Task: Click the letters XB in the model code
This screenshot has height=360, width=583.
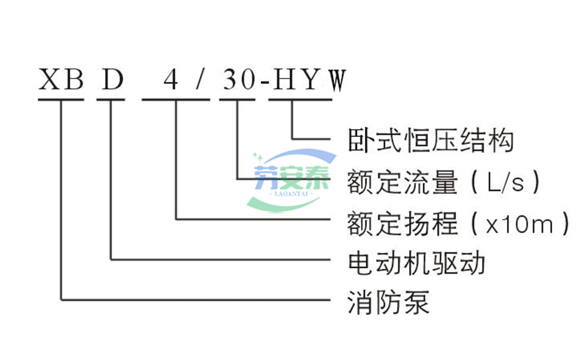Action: (61, 80)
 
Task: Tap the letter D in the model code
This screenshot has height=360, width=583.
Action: (112, 80)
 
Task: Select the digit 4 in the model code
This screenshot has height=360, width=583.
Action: (171, 80)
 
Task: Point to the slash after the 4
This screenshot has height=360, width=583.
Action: (200, 80)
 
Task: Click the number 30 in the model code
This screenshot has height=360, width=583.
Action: (239, 80)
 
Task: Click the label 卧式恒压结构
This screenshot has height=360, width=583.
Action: (430, 140)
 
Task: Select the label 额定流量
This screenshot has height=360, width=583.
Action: (403, 181)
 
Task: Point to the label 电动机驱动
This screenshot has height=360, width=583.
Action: (416, 262)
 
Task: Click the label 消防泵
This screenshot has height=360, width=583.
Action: (388, 302)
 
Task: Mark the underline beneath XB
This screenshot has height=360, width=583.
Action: (61, 99)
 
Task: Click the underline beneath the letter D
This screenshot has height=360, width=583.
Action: (112, 99)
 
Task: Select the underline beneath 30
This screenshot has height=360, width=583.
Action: (239, 99)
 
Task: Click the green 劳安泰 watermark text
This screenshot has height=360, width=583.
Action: (291, 177)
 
